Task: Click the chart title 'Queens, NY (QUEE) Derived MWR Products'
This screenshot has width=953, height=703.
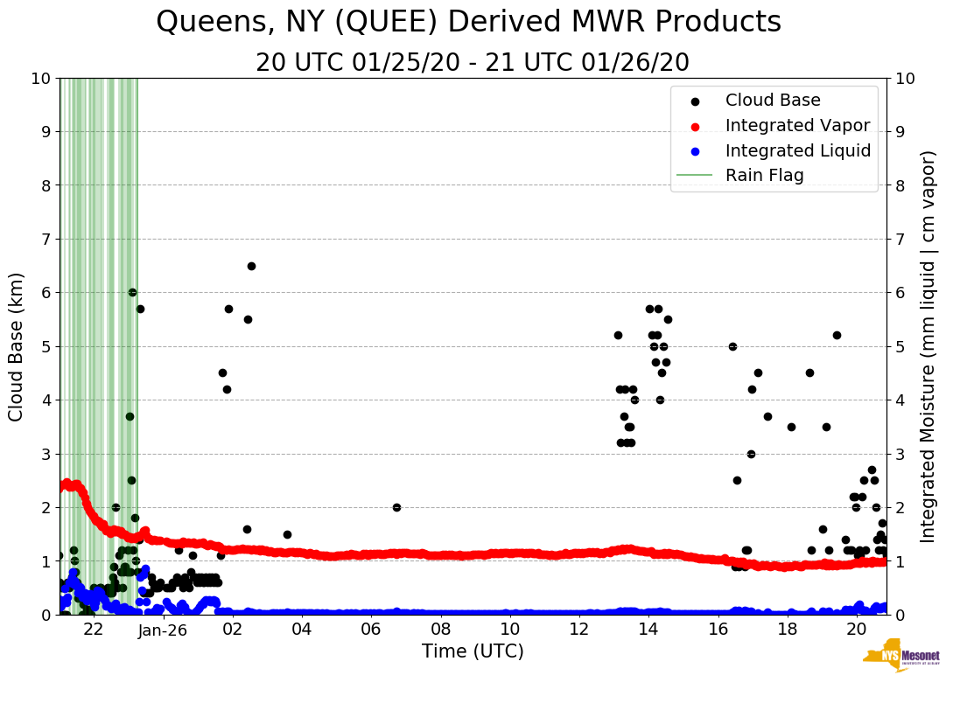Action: click(468, 23)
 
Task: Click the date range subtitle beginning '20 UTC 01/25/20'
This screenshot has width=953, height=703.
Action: click(473, 63)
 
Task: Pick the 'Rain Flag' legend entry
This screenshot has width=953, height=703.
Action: click(764, 176)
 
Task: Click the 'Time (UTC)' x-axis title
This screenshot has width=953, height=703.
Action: click(473, 651)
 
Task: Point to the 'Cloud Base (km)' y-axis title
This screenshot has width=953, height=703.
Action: click(17, 346)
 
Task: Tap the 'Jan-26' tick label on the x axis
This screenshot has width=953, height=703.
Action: click(163, 629)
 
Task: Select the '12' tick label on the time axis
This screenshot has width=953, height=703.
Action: click(579, 629)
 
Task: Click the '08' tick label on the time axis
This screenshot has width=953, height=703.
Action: click(440, 629)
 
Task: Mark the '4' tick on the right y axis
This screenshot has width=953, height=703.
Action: click(905, 400)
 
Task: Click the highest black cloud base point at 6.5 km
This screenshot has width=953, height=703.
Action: click(251, 266)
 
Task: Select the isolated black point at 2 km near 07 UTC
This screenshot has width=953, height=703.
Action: click(396, 507)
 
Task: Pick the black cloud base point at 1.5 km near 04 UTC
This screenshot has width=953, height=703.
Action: click(287, 534)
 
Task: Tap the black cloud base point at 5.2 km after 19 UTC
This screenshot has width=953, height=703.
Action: click(837, 335)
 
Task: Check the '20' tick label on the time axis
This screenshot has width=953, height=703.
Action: click(857, 629)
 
